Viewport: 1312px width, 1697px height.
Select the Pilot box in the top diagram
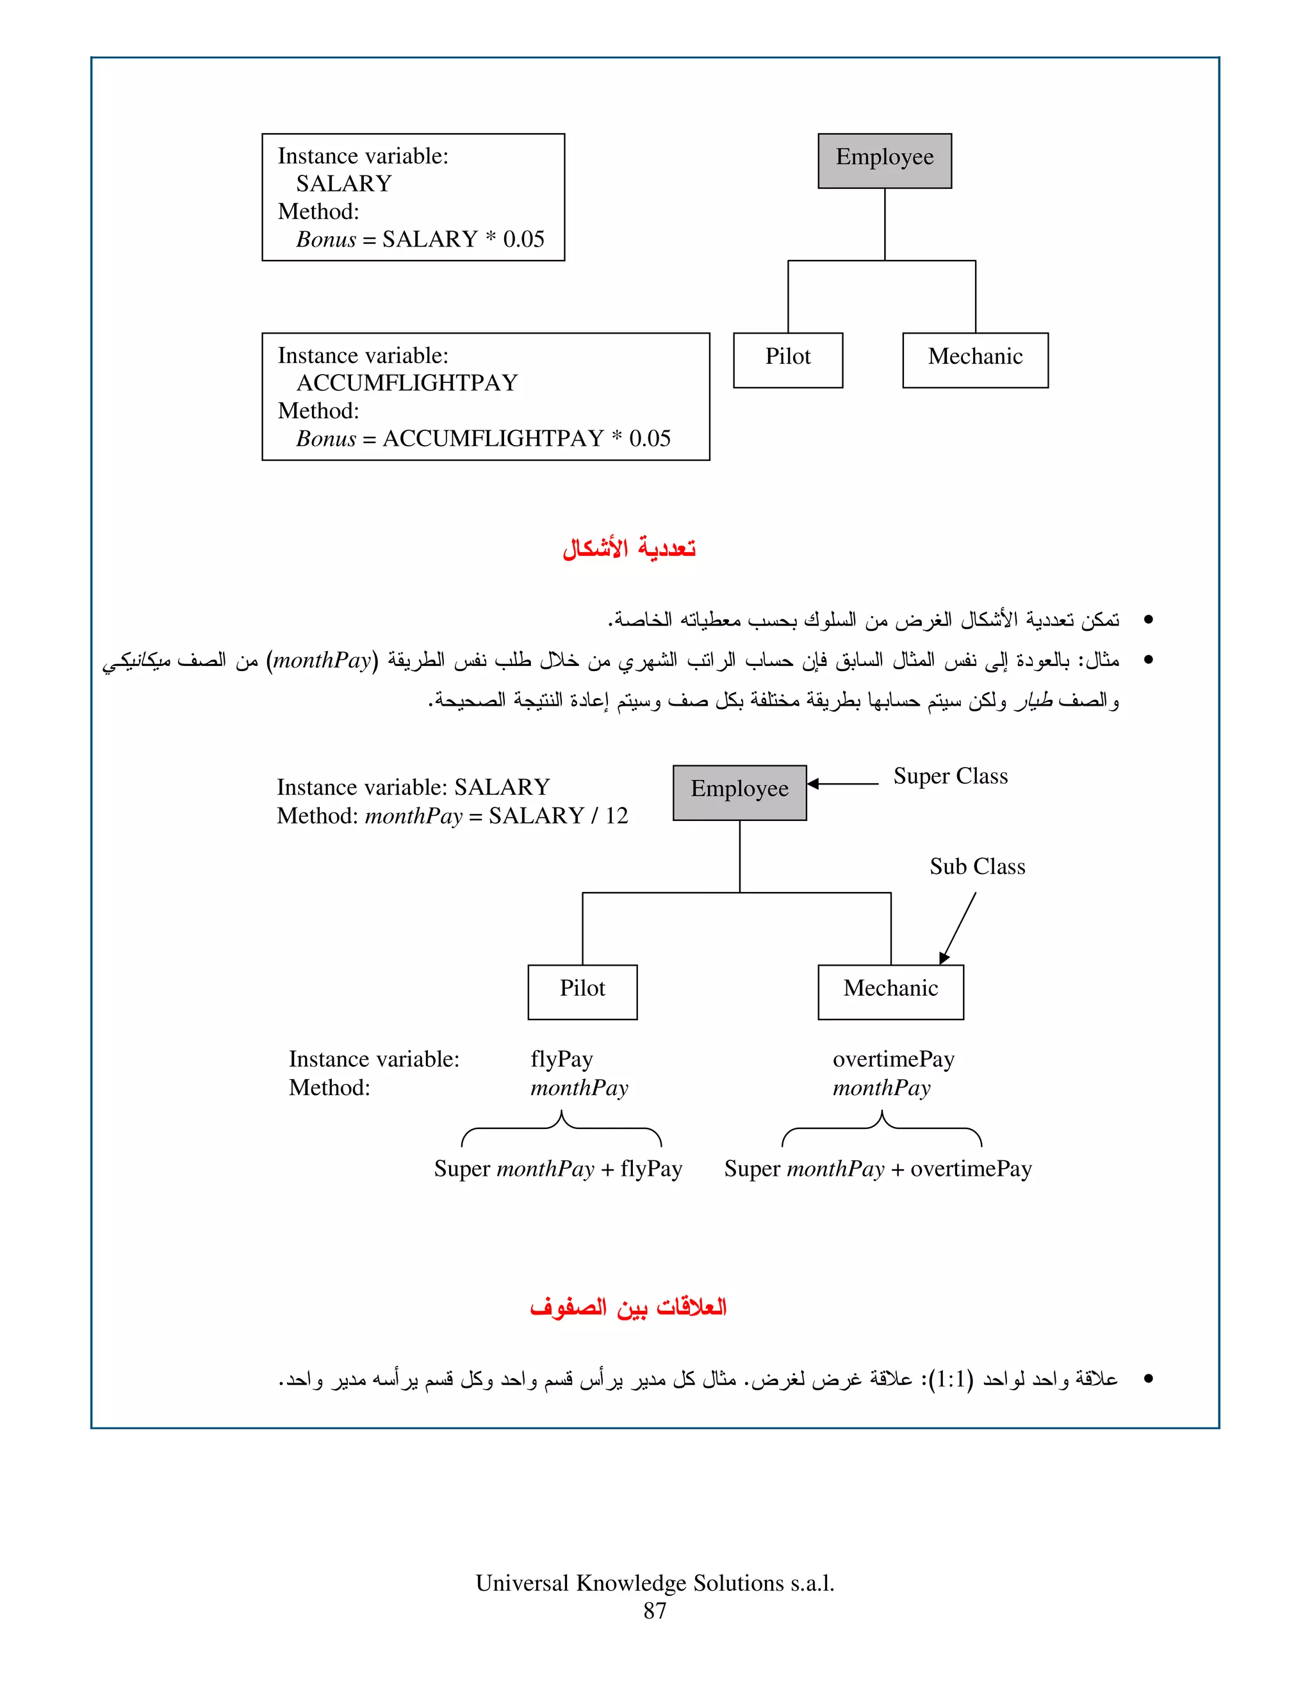787,360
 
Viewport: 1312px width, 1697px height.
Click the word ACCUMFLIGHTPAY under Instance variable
407,383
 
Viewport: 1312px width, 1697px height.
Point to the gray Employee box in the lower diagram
739,792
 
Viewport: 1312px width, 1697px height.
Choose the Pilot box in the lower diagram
582,991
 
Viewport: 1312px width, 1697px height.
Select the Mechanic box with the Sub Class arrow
890,991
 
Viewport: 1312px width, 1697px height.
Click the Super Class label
950,776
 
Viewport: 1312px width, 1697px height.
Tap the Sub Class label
977,866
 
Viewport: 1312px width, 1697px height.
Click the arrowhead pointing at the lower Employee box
813,783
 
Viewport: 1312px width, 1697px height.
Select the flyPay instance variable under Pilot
561,1059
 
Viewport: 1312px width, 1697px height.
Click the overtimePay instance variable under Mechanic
893,1059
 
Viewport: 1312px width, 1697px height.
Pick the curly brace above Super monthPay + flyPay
561,1128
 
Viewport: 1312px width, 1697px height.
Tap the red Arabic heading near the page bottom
628,1307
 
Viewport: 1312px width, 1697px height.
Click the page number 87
655,1611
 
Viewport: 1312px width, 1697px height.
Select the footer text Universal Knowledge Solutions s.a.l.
655,1583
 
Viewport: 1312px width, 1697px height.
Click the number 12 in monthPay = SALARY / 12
616,816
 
